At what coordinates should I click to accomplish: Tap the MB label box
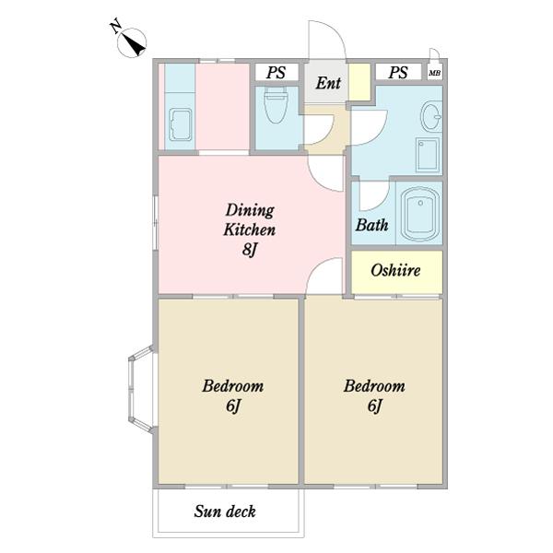434,73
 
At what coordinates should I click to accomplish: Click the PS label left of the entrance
276,72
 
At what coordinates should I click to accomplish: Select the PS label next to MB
398,72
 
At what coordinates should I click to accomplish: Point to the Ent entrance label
328,83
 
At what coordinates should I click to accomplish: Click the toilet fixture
276,105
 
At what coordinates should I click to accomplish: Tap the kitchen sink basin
181,124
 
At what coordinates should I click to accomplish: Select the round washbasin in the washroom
431,116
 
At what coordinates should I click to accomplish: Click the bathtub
420,214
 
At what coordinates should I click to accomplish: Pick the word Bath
371,225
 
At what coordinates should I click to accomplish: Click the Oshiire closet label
395,270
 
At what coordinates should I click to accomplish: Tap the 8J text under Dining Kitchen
249,250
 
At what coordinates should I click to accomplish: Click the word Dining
250,210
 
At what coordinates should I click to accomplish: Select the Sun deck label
225,512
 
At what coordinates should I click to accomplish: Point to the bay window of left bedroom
141,389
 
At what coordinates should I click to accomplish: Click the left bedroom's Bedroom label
233,386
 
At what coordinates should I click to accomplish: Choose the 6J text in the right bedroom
374,406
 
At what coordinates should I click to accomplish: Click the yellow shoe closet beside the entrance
359,82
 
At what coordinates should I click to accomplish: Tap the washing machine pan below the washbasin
428,155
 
